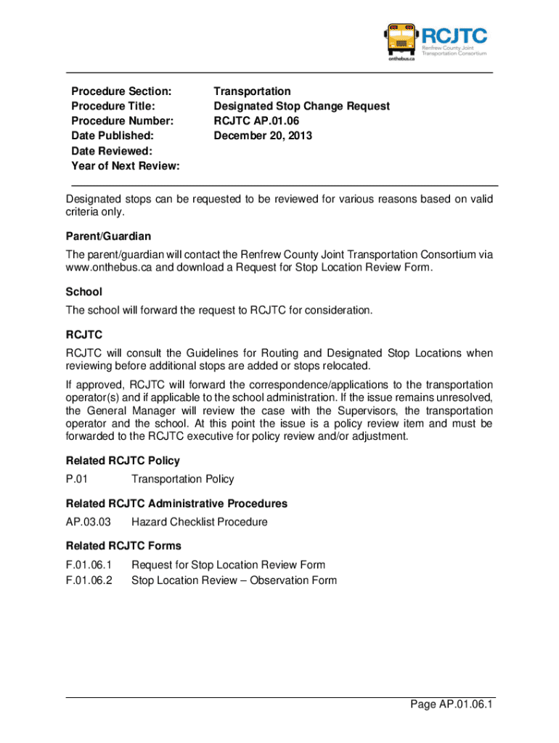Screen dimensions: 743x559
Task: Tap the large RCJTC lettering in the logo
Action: coord(454,34)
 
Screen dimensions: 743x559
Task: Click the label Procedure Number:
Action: coord(113,121)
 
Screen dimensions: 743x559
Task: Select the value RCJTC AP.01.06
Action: coord(256,121)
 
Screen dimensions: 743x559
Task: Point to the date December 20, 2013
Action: coord(263,136)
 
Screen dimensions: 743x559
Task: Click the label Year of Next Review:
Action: coord(126,166)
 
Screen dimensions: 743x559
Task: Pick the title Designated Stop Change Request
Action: coord(301,106)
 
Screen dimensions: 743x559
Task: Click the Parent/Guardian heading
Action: coord(108,237)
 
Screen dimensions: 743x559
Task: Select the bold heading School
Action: coord(84,292)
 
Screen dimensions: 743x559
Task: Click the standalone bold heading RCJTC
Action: coord(84,334)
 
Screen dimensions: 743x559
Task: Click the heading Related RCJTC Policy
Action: coord(123,461)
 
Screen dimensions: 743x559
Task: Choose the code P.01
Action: coord(77,479)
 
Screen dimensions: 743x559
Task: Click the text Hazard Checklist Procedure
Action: coord(199,522)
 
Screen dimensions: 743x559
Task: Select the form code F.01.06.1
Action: coord(89,565)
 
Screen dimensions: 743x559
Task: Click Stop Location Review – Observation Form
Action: coord(234,580)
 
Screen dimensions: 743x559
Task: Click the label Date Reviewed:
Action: coord(112,151)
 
